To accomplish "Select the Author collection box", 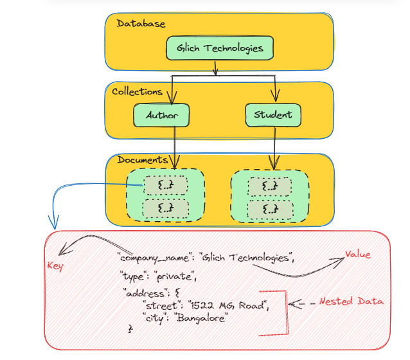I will pyautogui.click(x=161, y=116).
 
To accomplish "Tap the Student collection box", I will pyautogui.click(x=273, y=115).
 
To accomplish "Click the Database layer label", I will pyautogui.click(x=141, y=24).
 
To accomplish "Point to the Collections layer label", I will pyautogui.click(x=137, y=92).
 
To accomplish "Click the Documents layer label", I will pyautogui.click(x=142, y=159).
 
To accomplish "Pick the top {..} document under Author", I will pyautogui.click(x=166, y=186).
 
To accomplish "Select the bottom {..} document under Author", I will pyautogui.click(x=166, y=208).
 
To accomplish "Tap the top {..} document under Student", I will pyautogui.click(x=270, y=186).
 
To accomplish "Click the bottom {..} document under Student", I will pyautogui.click(x=270, y=208).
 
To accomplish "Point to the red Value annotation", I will pyautogui.click(x=359, y=254).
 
